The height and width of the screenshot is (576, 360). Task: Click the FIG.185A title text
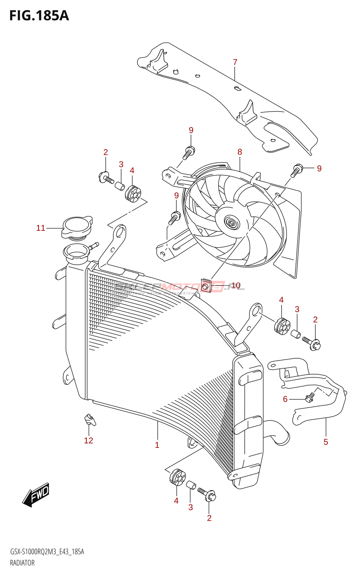click(39, 15)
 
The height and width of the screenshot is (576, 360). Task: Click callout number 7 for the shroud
click(235, 62)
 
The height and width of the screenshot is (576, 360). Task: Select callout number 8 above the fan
click(240, 152)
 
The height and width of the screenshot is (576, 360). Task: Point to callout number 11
click(41, 228)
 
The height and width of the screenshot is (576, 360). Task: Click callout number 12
click(89, 440)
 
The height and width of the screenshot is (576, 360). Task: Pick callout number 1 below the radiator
click(157, 445)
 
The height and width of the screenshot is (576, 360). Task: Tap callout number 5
click(326, 442)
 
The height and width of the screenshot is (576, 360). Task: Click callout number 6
click(285, 399)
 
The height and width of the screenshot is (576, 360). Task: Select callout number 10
click(236, 285)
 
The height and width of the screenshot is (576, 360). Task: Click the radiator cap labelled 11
click(77, 227)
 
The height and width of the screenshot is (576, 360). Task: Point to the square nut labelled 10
click(206, 286)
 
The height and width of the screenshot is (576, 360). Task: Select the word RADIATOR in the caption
click(22, 563)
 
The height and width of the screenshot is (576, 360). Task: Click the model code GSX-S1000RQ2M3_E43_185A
click(47, 552)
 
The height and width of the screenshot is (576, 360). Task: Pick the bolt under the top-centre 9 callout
click(189, 152)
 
